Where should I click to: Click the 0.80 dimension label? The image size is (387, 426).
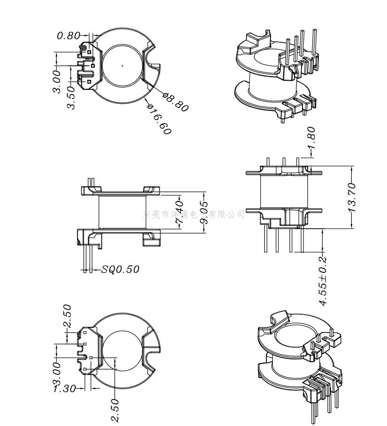[x=69, y=36]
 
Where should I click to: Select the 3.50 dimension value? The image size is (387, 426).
[x=71, y=97]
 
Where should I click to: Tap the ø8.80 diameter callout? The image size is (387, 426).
[x=176, y=102]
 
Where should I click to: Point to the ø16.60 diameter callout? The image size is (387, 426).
[x=159, y=119]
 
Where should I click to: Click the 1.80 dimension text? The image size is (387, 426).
[x=311, y=137]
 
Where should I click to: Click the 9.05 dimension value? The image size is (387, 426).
[x=203, y=213]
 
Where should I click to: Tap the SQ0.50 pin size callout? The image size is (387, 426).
[x=121, y=269]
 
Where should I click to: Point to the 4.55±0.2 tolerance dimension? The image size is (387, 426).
[x=323, y=281]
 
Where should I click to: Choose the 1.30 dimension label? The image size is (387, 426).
[x=64, y=389]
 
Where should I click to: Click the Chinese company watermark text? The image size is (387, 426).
[x=193, y=215]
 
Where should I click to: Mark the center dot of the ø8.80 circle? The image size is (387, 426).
[x=123, y=66]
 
